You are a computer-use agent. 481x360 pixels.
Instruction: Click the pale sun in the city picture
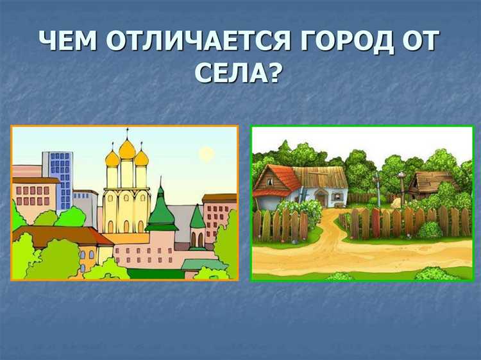[x=206, y=153]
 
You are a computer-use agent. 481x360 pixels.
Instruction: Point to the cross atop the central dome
[x=128, y=133]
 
